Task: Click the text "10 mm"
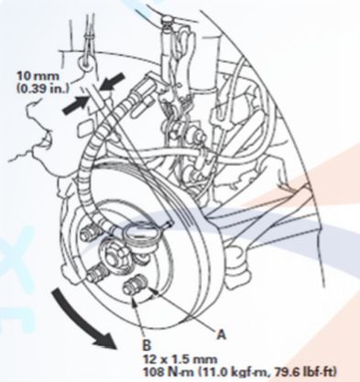point(38,75)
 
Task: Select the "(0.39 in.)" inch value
point(42,88)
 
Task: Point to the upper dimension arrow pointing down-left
point(113,82)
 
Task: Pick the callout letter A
point(221,334)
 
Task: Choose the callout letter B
point(147,345)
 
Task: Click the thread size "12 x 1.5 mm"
point(180,359)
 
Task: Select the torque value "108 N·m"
point(165,372)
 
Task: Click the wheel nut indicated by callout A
point(135,286)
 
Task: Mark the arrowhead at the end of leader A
point(155,292)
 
